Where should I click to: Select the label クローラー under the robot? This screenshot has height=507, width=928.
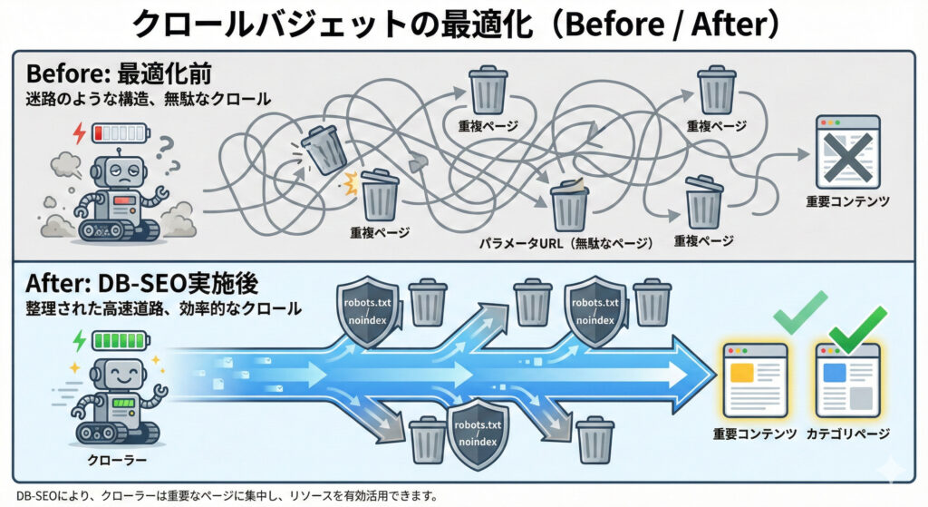pos(117,461)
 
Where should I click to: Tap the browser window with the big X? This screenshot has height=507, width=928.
pos(846,151)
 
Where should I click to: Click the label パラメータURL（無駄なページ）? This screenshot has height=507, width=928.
pos(567,244)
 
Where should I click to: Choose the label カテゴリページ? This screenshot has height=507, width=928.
pos(848,434)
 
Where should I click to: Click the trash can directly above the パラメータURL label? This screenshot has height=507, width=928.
pos(569,204)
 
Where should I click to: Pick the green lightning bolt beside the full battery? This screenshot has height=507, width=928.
pos(81,341)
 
